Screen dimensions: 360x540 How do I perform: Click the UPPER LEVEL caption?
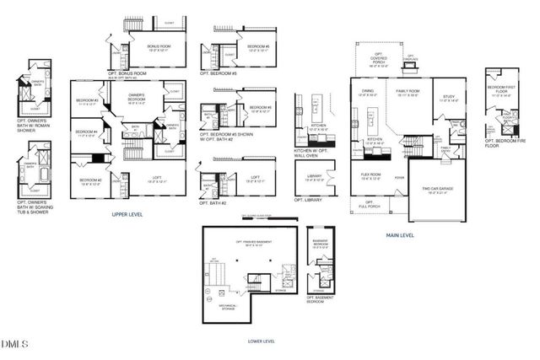[x=127, y=215]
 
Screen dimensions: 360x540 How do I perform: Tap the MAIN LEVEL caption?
[x=400, y=235]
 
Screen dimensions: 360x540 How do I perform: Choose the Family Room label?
[x=408, y=94]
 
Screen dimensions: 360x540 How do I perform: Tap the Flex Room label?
[x=370, y=177]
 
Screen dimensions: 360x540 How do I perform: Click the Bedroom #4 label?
[x=86, y=132]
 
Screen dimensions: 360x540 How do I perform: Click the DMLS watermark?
[x=14, y=344]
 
